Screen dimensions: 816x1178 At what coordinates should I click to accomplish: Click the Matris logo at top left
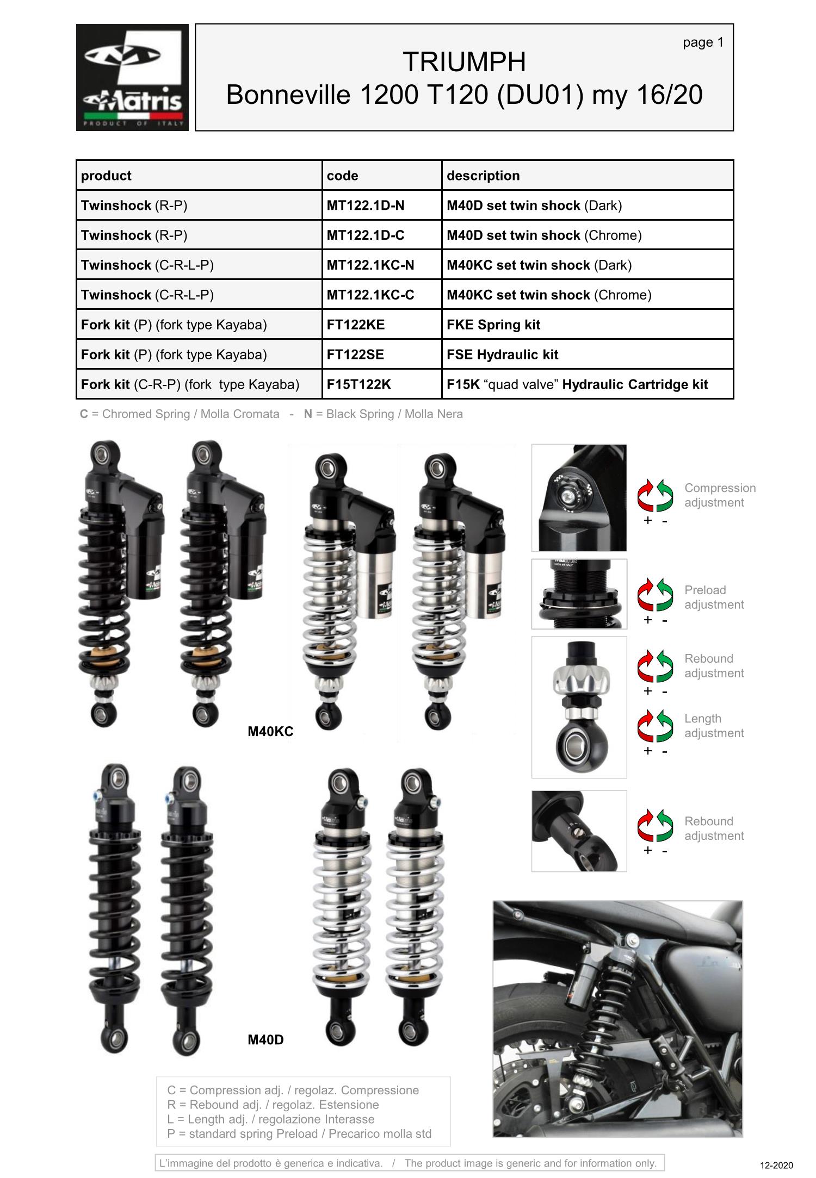132,77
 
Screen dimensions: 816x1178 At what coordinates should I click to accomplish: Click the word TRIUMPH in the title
464,62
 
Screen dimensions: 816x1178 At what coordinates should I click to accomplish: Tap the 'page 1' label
703,42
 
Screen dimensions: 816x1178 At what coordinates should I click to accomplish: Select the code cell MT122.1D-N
381,205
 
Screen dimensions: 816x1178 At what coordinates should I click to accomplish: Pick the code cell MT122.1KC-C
381,295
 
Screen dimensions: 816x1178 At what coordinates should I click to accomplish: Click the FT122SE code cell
381,354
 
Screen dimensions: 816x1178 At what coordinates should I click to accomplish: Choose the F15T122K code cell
381,384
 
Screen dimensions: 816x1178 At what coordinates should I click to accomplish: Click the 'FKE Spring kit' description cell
588,325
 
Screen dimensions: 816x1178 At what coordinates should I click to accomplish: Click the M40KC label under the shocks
270,731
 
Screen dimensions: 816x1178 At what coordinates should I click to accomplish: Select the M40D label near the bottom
265,1039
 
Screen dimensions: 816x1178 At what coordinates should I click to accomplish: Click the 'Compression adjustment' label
720,495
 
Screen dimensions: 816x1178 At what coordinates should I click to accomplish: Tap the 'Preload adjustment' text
714,597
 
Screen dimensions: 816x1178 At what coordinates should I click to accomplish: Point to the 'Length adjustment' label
714,726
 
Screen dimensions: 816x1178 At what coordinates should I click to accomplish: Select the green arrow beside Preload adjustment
665,595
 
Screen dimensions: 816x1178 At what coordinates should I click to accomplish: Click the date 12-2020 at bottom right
776,1165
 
